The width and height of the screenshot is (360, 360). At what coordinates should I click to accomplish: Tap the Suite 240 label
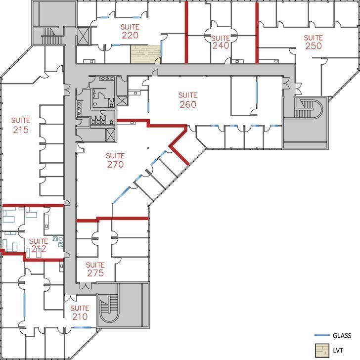[221, 42]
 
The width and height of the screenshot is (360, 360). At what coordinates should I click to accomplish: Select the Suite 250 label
[313, 42]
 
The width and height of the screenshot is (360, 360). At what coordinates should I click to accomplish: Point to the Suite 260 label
[188, 100]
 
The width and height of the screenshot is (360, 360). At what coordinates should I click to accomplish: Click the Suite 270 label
[115, 160]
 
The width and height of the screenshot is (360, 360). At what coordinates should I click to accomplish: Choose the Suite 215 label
[21, 126]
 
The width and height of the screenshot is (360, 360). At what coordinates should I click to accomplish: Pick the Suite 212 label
[39, 245]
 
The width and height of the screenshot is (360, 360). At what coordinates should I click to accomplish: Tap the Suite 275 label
[95, 269]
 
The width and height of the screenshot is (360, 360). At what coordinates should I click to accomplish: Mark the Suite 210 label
[80, 313]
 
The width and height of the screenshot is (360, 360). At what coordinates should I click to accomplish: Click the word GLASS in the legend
[342, 335]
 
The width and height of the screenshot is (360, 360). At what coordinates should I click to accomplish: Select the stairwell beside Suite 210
[107, 307]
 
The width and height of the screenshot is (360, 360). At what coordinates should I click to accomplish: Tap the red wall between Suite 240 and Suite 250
[257, 33]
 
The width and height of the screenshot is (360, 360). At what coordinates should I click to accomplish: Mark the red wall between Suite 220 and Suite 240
[186, 33]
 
